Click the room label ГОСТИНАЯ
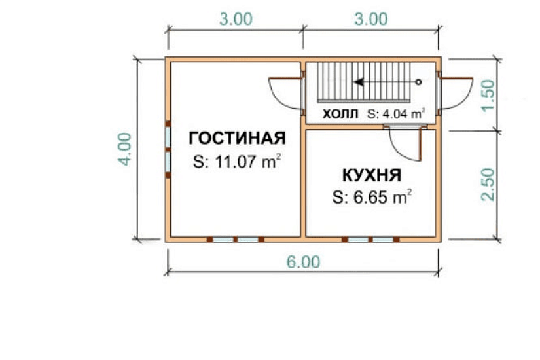pyautogui.click(x=237, y=138)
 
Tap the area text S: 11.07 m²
pyautogui.click(x=238, y=162)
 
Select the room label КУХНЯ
pyautogui.click(x=371, y=175)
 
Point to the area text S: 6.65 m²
pyautogui.click(x=371, y=197)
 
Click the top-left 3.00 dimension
pyautogui.click(x=234, y=19)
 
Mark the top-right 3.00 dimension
pyautogui.click(x=370, y=19)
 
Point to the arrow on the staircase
pyautogui.click(x=386, y=82)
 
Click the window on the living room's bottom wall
pyautogui.click(x=235, y=240)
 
